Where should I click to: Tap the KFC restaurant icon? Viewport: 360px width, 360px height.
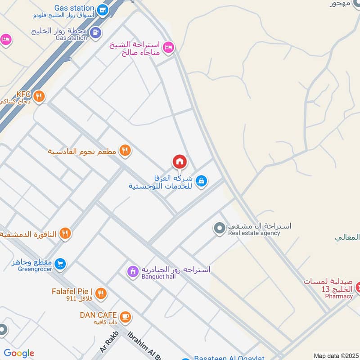[x=39, y=96]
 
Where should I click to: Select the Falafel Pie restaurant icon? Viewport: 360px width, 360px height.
[x=101, y=293]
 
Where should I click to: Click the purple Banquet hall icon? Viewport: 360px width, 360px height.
[x=132, y=271]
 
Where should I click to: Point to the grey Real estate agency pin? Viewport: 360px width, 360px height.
[x=219, y=229]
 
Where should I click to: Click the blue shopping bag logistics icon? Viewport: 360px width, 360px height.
[x=201, y=181]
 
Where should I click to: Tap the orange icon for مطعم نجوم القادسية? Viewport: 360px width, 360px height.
[x=125, y=151]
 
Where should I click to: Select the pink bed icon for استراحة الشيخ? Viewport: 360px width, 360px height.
[x=168, y=47]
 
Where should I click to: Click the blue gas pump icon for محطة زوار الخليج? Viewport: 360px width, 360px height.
[x=95, y=32]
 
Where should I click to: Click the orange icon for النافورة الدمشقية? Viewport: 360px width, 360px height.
[x=65, y=233]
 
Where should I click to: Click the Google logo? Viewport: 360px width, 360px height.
[x=19, y=353]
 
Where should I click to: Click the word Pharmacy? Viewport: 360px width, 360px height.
[x=339, y=296]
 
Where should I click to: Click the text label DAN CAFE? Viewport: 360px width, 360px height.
[x=98, y=315]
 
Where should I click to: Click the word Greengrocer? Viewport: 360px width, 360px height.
[x=35, y=269]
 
